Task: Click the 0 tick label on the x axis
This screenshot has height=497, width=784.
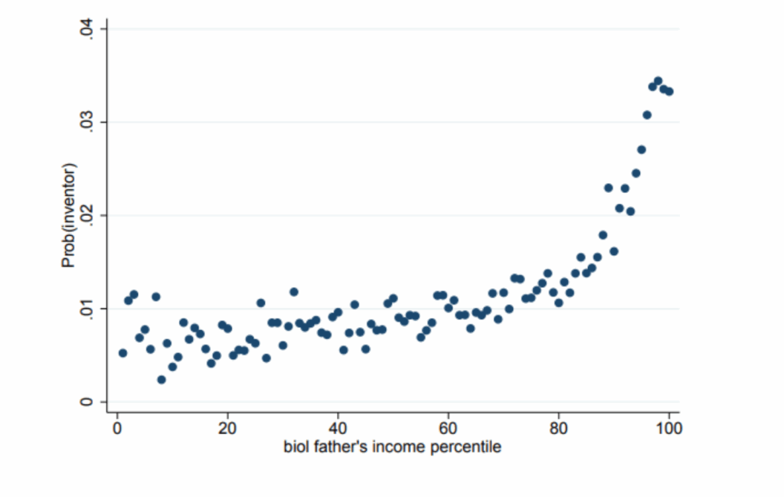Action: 117,428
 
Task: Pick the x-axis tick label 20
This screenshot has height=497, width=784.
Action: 227,428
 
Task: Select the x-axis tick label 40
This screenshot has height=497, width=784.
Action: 338,428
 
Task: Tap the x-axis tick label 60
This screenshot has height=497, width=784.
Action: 448,428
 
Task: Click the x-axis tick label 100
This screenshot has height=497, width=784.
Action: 669,428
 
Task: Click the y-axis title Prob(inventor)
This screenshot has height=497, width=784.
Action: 70,216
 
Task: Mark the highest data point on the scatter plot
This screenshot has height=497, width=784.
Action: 658,80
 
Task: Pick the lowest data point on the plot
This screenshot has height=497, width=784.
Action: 162,379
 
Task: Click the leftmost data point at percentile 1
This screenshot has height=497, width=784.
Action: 122,353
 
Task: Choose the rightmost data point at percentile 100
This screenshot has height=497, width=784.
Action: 669,91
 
